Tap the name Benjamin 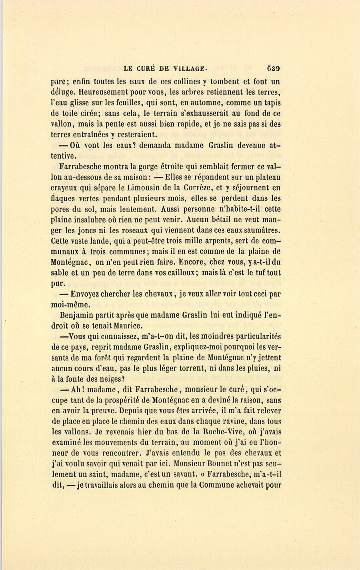[x=77, y=315]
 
